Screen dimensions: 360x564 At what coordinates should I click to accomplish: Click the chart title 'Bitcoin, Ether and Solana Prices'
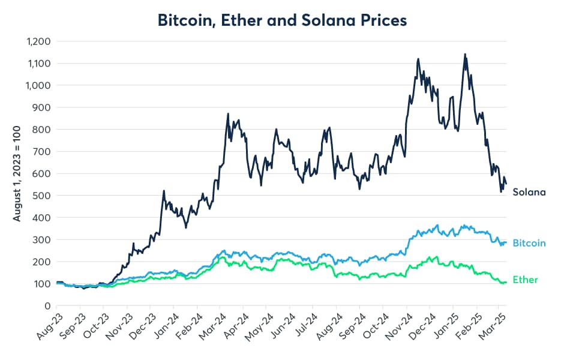point(282,20)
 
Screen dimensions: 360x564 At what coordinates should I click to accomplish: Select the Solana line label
point(529,193)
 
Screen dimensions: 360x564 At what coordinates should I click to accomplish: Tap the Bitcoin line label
point(529,243)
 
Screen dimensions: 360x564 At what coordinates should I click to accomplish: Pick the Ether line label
point(526,280)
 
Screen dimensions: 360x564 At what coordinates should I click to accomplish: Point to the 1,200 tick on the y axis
point(38,41)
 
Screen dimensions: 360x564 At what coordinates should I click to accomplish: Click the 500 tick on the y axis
point(43,196)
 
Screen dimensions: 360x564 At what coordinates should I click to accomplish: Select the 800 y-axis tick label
point(43,130)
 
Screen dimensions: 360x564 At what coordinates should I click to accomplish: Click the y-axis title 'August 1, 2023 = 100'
point(17,174)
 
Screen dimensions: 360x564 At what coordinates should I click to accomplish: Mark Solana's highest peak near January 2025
point(465,54)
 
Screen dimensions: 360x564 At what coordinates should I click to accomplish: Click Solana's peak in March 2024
point(228,113)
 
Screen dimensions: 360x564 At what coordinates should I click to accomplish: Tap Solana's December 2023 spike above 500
point(164,191)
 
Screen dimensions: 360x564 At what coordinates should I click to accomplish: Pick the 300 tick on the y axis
point(43,239)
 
